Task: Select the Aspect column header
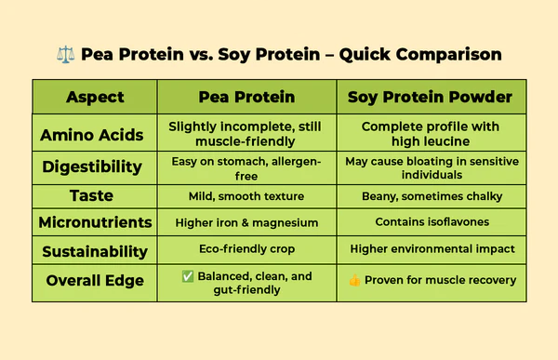click(95, 97)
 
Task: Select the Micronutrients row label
click(95, 223)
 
